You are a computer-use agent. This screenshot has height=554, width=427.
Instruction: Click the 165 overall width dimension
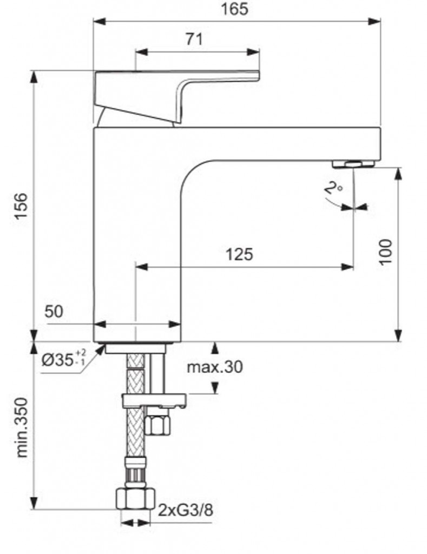pos(234,9)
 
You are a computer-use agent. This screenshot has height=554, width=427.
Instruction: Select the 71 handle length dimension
pos(194,39)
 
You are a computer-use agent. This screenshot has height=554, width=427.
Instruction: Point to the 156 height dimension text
pos(21,206)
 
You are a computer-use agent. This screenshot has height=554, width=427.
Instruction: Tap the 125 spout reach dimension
pos(239,254)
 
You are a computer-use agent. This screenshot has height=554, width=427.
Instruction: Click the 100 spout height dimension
pos(386,252)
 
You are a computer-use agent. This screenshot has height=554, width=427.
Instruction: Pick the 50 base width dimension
pos(54,311)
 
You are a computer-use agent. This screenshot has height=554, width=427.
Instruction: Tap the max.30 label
pos(214,367)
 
